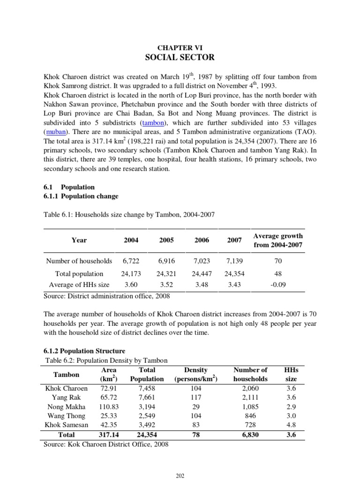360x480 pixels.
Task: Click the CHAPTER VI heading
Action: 180,47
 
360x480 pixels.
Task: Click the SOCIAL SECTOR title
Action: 180,58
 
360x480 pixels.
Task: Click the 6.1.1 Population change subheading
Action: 81,196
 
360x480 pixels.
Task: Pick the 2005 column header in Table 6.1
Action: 166,240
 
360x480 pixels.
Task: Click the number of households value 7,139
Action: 234,261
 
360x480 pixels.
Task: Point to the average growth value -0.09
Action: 278,285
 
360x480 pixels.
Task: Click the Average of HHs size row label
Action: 79,285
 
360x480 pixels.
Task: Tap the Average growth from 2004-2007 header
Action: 278,240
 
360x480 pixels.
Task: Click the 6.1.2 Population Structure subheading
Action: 84,351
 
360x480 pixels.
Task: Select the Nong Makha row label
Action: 66,406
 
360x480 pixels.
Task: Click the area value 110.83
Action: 109,406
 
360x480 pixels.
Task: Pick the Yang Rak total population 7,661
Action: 147,397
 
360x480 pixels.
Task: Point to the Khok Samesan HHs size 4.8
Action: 292,425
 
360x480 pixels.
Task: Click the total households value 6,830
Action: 250,435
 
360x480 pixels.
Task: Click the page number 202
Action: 180,475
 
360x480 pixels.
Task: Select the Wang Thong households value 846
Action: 250,416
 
